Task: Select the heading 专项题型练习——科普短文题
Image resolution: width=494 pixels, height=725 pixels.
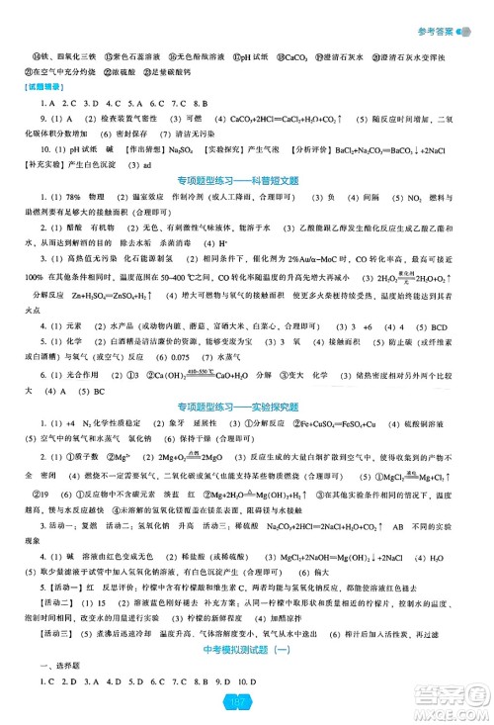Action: pyautogui.click(x=246, y=207)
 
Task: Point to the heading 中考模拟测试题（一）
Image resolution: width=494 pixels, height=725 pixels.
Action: pyautogui.click(x=246, y=667)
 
